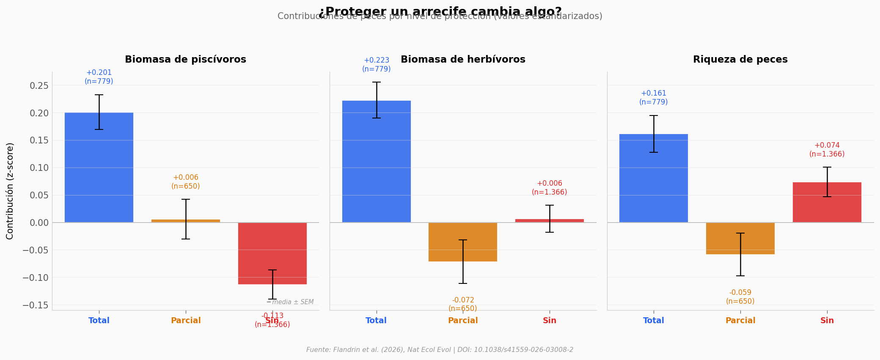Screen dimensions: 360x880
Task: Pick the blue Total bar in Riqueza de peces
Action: pos(654,178)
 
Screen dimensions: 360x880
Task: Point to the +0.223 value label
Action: pos(377,60)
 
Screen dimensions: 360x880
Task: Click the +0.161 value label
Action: pos(654,93)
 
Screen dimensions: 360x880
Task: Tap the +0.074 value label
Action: pos(827,146)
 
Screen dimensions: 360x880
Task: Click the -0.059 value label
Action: pos(740,293)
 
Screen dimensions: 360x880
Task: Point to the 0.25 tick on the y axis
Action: pos(39,85)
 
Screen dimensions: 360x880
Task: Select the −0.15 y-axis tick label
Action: pos(36,305)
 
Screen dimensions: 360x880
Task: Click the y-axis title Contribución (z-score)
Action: pos(10,191)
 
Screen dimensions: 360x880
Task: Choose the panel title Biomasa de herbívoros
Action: pos(463,60)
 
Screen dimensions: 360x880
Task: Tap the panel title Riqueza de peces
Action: pos(740,60)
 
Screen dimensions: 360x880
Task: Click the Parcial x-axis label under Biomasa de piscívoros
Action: pos(186,321)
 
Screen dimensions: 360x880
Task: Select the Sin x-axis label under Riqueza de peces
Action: pos(827,321)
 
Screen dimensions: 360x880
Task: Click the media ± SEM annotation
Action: pos(292,302)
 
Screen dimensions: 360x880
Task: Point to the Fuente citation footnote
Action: pos(440,350)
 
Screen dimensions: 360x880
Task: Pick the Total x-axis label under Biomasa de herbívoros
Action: pos(376,321)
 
